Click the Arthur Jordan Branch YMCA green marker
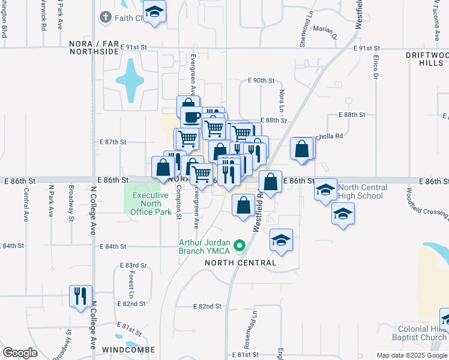click(x=240, y=245)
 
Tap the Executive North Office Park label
click(x=150, y=203)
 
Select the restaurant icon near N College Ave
click(x=80, y=296)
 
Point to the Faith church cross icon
click(x=105, y=17)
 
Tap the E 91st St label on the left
click(x=133, y=47)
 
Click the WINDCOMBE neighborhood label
click(x=128, y=350)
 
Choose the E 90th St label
click(x=261, y=80)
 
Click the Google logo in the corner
click(x=20, y=353)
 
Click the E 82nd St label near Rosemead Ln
click(x=208, y=306)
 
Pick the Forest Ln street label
click(x=131, y=280)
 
